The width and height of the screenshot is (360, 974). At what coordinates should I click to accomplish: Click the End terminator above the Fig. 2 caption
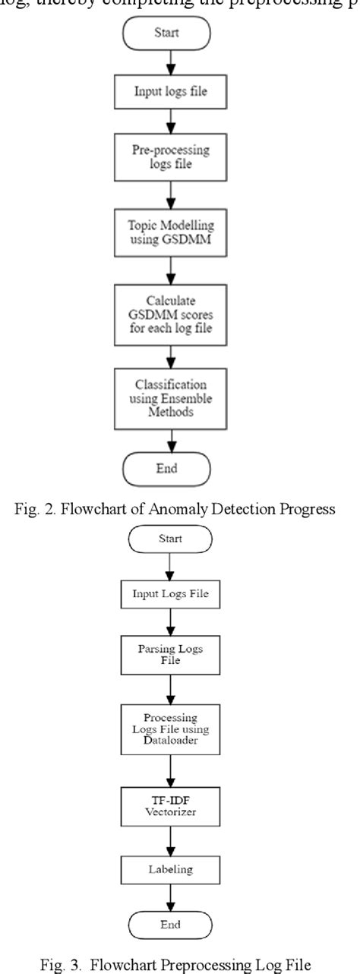[x=180, y=469]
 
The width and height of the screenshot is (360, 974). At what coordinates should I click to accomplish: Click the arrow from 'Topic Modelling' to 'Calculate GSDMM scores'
[x=180, y=270]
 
